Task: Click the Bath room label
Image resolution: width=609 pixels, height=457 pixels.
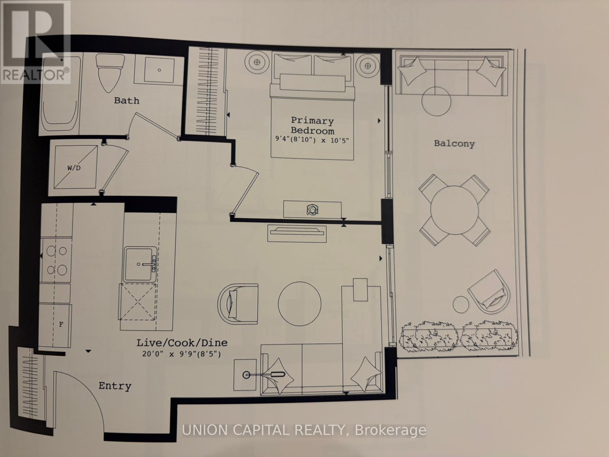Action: click(126, 101)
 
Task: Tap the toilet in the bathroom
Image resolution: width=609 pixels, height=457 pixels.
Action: click(110, 73)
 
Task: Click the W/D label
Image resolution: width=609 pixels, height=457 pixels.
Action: click(74, 168)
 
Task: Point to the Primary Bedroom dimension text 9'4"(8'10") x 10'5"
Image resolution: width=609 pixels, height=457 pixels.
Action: click(312, 140)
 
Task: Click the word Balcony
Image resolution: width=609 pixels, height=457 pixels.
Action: click(454, 144)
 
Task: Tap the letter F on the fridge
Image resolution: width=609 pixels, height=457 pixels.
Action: click(61, 324)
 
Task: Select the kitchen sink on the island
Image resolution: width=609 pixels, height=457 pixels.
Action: click(140, 264)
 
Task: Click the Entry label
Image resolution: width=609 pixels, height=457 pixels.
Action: click(115, 386)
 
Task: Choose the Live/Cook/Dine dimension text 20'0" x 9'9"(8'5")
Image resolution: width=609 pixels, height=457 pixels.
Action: click(182, 354)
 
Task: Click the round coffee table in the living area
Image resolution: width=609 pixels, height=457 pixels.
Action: click(300, 304)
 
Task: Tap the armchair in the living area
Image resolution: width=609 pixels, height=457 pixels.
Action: click(238, 304)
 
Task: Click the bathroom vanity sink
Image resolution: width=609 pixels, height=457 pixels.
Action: click(159, 70)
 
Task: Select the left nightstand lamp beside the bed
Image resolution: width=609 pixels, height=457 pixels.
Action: click(257, 62)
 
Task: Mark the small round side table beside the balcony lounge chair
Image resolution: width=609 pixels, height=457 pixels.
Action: click(461, 304)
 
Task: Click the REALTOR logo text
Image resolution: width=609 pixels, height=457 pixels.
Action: click(35, 75)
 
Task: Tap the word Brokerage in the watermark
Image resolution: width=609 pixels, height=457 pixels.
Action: click(391, 430)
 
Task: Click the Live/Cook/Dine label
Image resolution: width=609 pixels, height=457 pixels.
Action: click(182, 343)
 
